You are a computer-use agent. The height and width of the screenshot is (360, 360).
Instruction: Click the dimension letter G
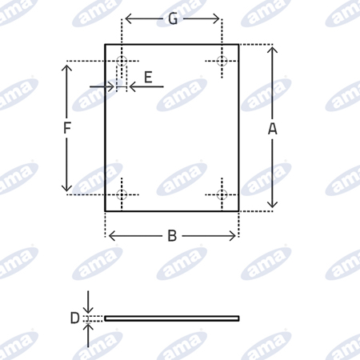(173, 19)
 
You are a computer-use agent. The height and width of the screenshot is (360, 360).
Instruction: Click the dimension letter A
(272, 129)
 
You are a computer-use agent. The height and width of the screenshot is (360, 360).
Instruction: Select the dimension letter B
(172, 236)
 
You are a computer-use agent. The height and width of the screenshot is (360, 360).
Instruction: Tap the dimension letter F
(67, 127)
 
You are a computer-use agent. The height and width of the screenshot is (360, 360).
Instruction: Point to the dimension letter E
(148, 77)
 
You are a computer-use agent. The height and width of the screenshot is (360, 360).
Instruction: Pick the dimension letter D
(74, 318)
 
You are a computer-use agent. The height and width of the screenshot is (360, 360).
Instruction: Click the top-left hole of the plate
(122, 61)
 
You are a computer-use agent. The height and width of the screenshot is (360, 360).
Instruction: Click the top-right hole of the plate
(222, 61)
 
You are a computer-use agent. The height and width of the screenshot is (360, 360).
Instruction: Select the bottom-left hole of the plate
(122, 194)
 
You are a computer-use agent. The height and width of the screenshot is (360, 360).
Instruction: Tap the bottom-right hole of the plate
(222, 194)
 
